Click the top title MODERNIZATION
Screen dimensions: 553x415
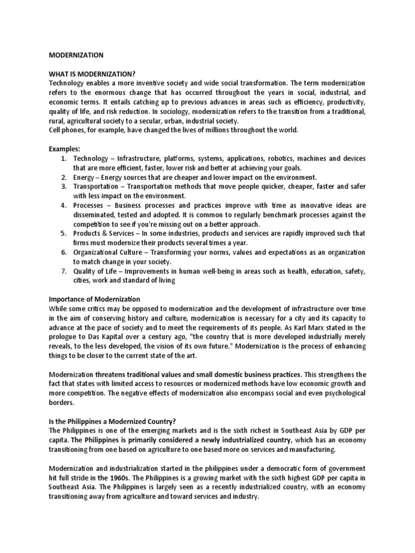click(76, 55)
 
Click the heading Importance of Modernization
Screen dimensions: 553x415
click(95, 299)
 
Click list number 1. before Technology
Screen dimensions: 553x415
click(63, 158)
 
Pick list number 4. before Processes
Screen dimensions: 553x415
click(63, 205)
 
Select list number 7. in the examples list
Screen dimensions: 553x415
click(63, 271)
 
